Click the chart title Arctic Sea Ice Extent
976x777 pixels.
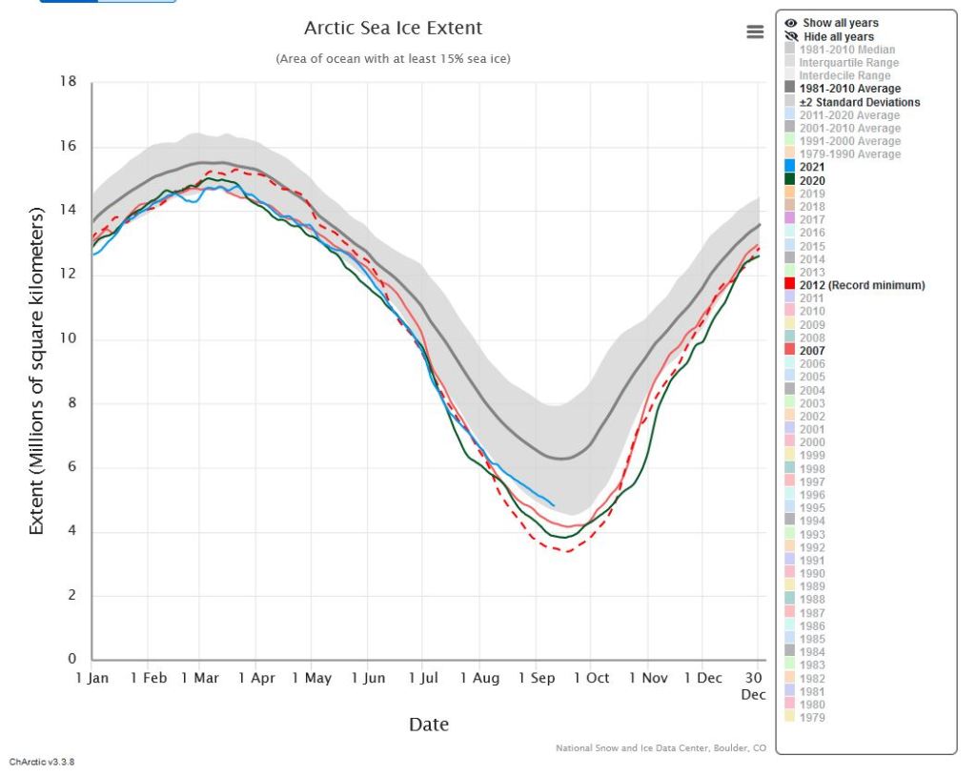click(393, 29)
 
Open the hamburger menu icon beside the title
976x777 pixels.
click(755, 31)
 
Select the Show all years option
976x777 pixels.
click(840, 23)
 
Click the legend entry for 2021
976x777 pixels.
click(812, 167)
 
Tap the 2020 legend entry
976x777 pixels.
click(812, 180)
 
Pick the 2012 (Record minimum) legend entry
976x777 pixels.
click(862, 285)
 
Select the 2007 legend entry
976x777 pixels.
click(812, 351)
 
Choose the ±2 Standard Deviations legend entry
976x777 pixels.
click(859, 102)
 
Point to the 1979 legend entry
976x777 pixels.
click(812, 718)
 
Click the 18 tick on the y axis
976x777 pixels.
click(68, 82)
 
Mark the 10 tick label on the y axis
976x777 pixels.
click(68, 339)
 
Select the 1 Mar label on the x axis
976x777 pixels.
click(198, 678)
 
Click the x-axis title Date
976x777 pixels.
click(428, 725)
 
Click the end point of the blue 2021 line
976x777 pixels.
click(554, 505)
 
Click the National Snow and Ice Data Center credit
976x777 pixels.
click(661, 748)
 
